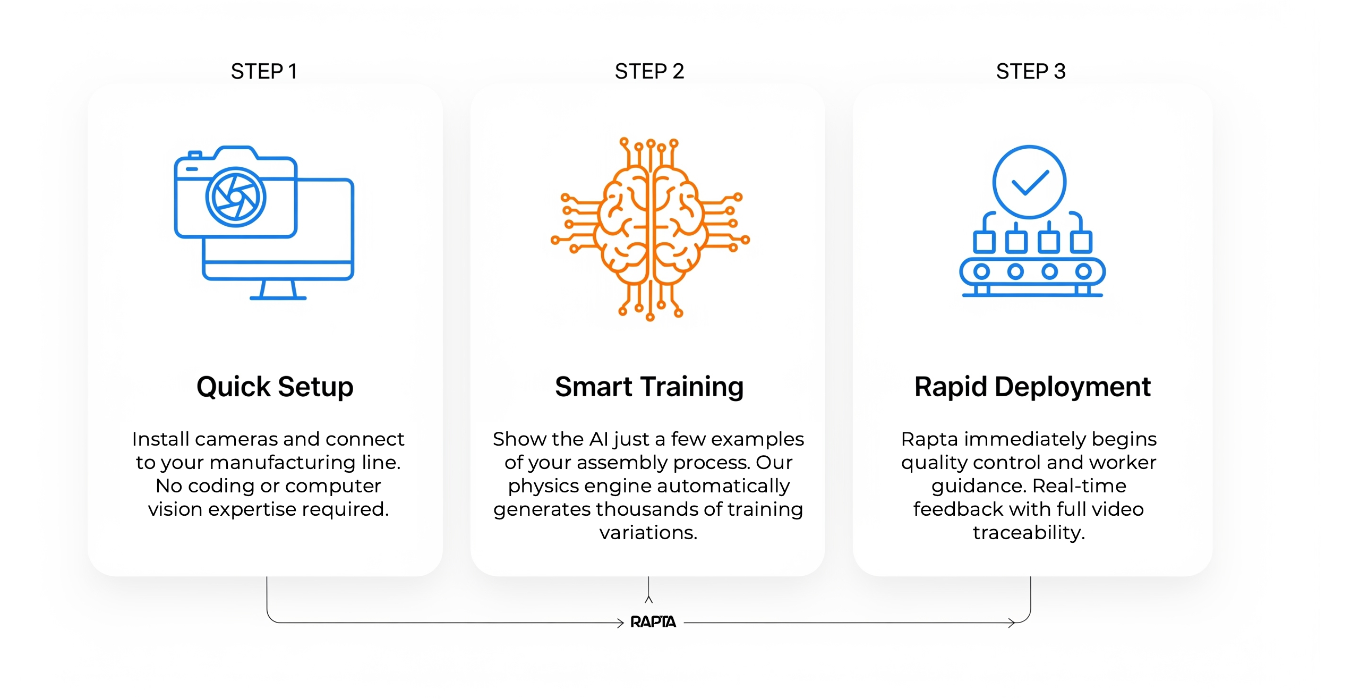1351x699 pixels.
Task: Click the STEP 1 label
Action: (x=264, y=71)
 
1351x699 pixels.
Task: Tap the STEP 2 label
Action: (x=649, y=71)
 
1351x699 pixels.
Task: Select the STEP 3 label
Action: (x=1031, y=71)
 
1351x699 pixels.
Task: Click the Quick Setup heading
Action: (x=275, y=387)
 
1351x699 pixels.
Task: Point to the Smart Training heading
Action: (x=649, y=387)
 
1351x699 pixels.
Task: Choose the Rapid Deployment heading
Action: (x=1032, y=387)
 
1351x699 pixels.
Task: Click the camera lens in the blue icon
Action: (x=236, y=198)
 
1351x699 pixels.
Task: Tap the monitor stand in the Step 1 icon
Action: (x=278, y=290)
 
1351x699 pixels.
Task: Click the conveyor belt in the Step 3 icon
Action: (x=1032, y=272)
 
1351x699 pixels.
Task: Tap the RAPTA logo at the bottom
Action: (x=653, y=622)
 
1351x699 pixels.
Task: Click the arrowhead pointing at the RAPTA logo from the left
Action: (x=620, y=623)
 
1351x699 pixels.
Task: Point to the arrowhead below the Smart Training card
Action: (x=648, y=599)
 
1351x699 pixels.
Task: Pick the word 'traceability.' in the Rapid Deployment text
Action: (x=1029, y=533)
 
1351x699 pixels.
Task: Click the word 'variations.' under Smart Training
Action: (x=648, y=533)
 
